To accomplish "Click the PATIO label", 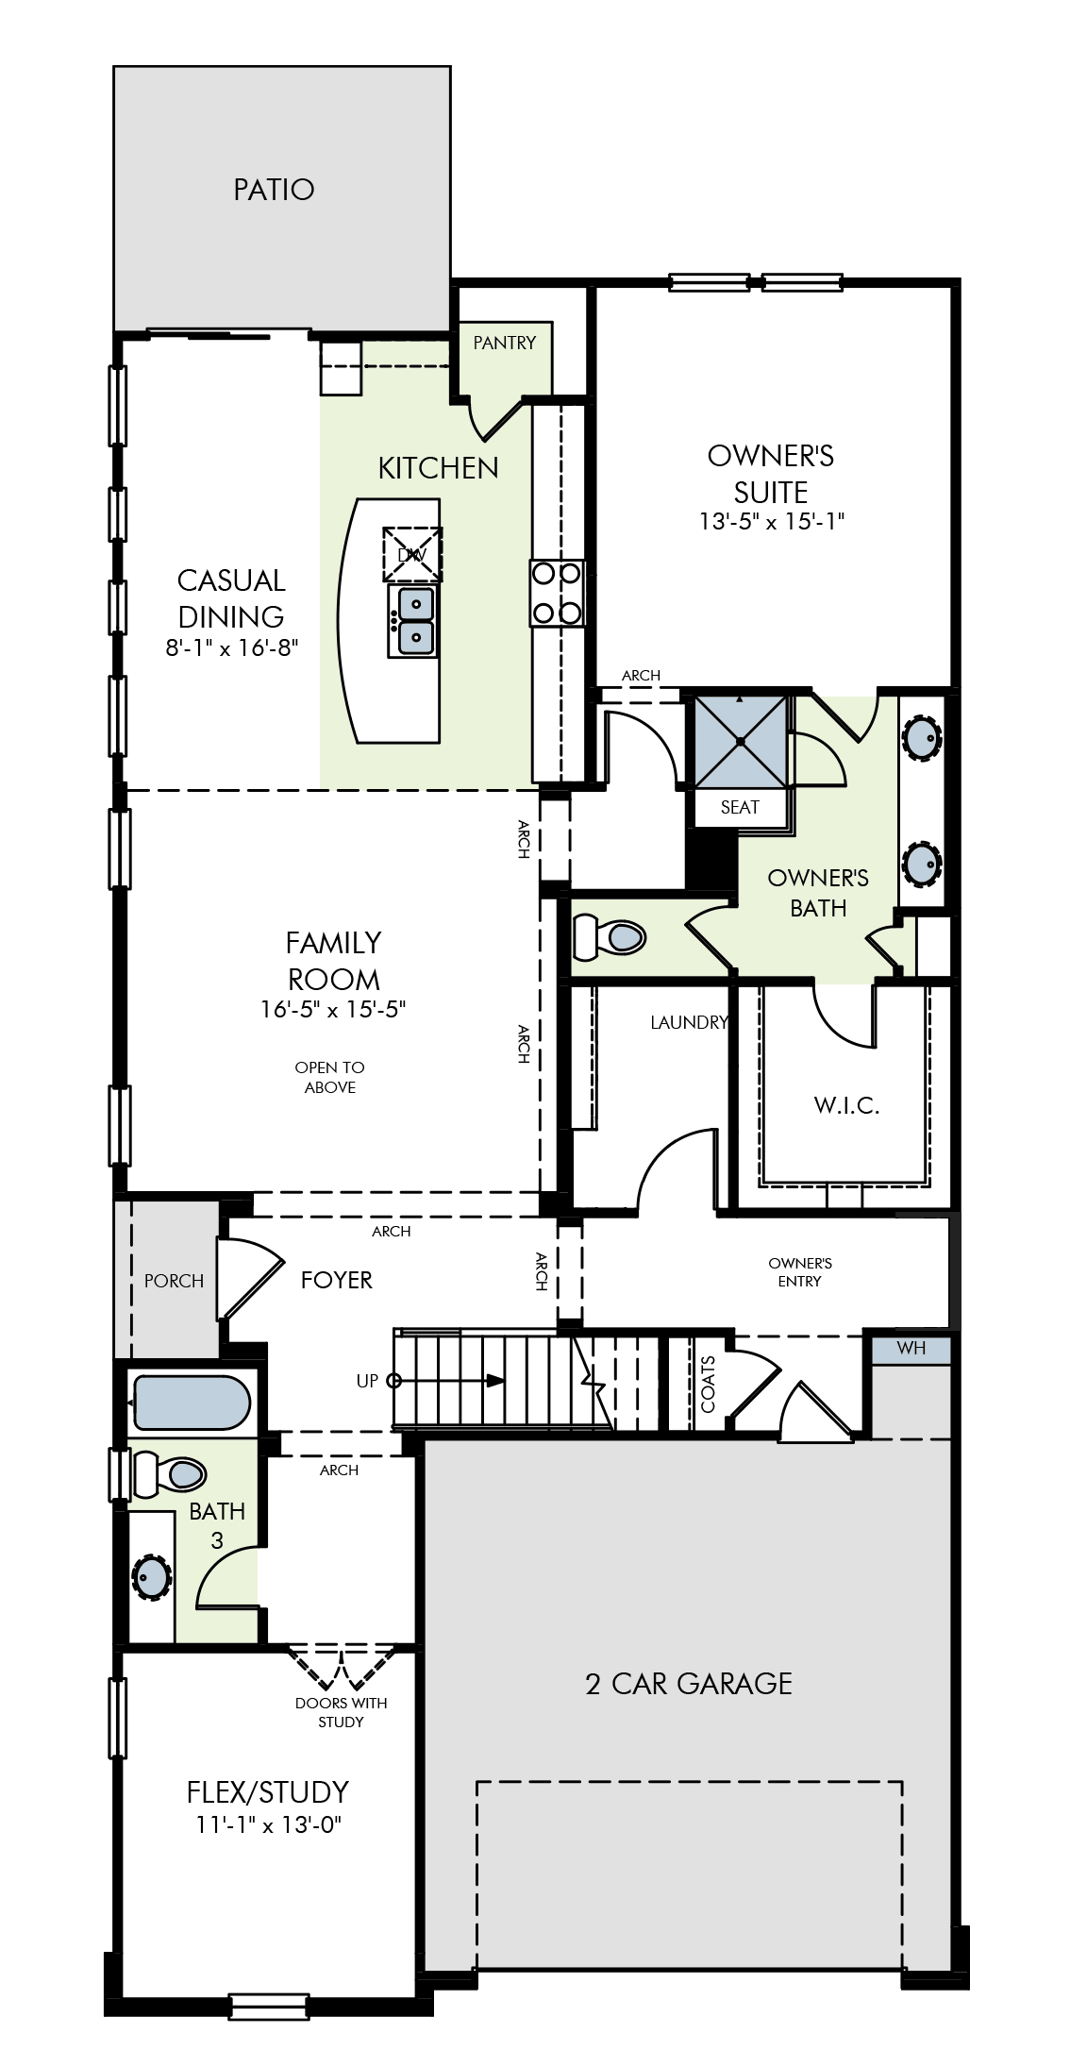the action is pos(274,190).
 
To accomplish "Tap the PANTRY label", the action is pos(504,343).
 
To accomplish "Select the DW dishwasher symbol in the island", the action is pos(412,554).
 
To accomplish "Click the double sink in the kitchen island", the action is pos(413,620).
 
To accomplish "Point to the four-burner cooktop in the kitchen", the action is pos(557,593).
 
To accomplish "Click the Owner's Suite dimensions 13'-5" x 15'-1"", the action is pos(771,521).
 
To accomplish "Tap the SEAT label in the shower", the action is pos(740,807).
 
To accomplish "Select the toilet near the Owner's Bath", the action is pos(610,936).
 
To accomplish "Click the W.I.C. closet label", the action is pos(846,1105).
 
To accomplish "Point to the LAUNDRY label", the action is pos(689,1022).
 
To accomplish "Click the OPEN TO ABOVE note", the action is pos(329,1077).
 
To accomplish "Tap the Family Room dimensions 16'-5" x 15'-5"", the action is pos(333,1009).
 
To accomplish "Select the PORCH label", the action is pos(174,1281).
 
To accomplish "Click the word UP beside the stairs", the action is pos(367,1381).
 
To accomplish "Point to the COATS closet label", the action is pos(708,1384).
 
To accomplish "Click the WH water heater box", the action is pos(911,1348).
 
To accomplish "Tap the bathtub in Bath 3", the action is pos(192,1403).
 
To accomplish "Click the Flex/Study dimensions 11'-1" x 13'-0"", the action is pos(268,1824).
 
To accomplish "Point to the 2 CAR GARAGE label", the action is pos(689,1684).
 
